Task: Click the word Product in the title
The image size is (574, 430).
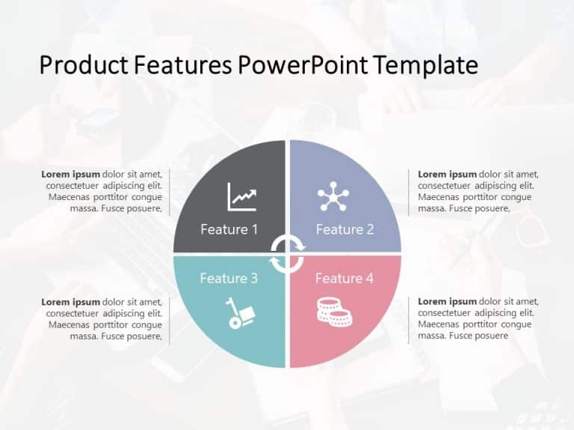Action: [x=74, y=66]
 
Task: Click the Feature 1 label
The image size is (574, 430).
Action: [x=229, y=229]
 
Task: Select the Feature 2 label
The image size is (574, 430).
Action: [x=345, y=229]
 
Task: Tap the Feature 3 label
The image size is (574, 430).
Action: [x=229, y=278]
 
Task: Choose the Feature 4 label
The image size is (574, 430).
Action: [x=345, y=278]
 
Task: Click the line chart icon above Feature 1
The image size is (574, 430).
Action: [x=242, y=197]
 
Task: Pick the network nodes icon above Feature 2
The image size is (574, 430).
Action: [x=333, y=196]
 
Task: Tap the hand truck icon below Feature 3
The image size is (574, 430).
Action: [x=241, y=313]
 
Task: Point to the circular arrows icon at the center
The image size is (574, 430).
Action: [x=287, y=254]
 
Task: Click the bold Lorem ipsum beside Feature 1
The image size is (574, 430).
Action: [x=70, y=175]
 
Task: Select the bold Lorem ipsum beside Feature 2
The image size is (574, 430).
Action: [x=447, y=175]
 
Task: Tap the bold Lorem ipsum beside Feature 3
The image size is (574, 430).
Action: [x=70, y=302]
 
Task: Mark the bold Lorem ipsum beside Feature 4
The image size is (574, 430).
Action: [x=447, y=302]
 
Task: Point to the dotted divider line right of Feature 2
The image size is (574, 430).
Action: [x=409, y=193]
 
